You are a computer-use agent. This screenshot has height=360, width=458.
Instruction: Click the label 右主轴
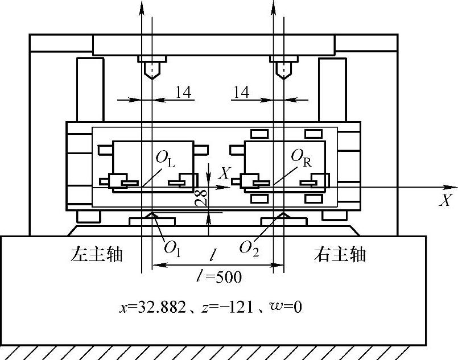340,254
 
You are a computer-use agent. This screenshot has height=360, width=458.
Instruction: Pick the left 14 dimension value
183,92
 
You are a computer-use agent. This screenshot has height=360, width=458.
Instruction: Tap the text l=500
218,278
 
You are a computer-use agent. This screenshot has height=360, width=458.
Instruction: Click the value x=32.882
152,308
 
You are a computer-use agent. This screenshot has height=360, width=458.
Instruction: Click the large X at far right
445,200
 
